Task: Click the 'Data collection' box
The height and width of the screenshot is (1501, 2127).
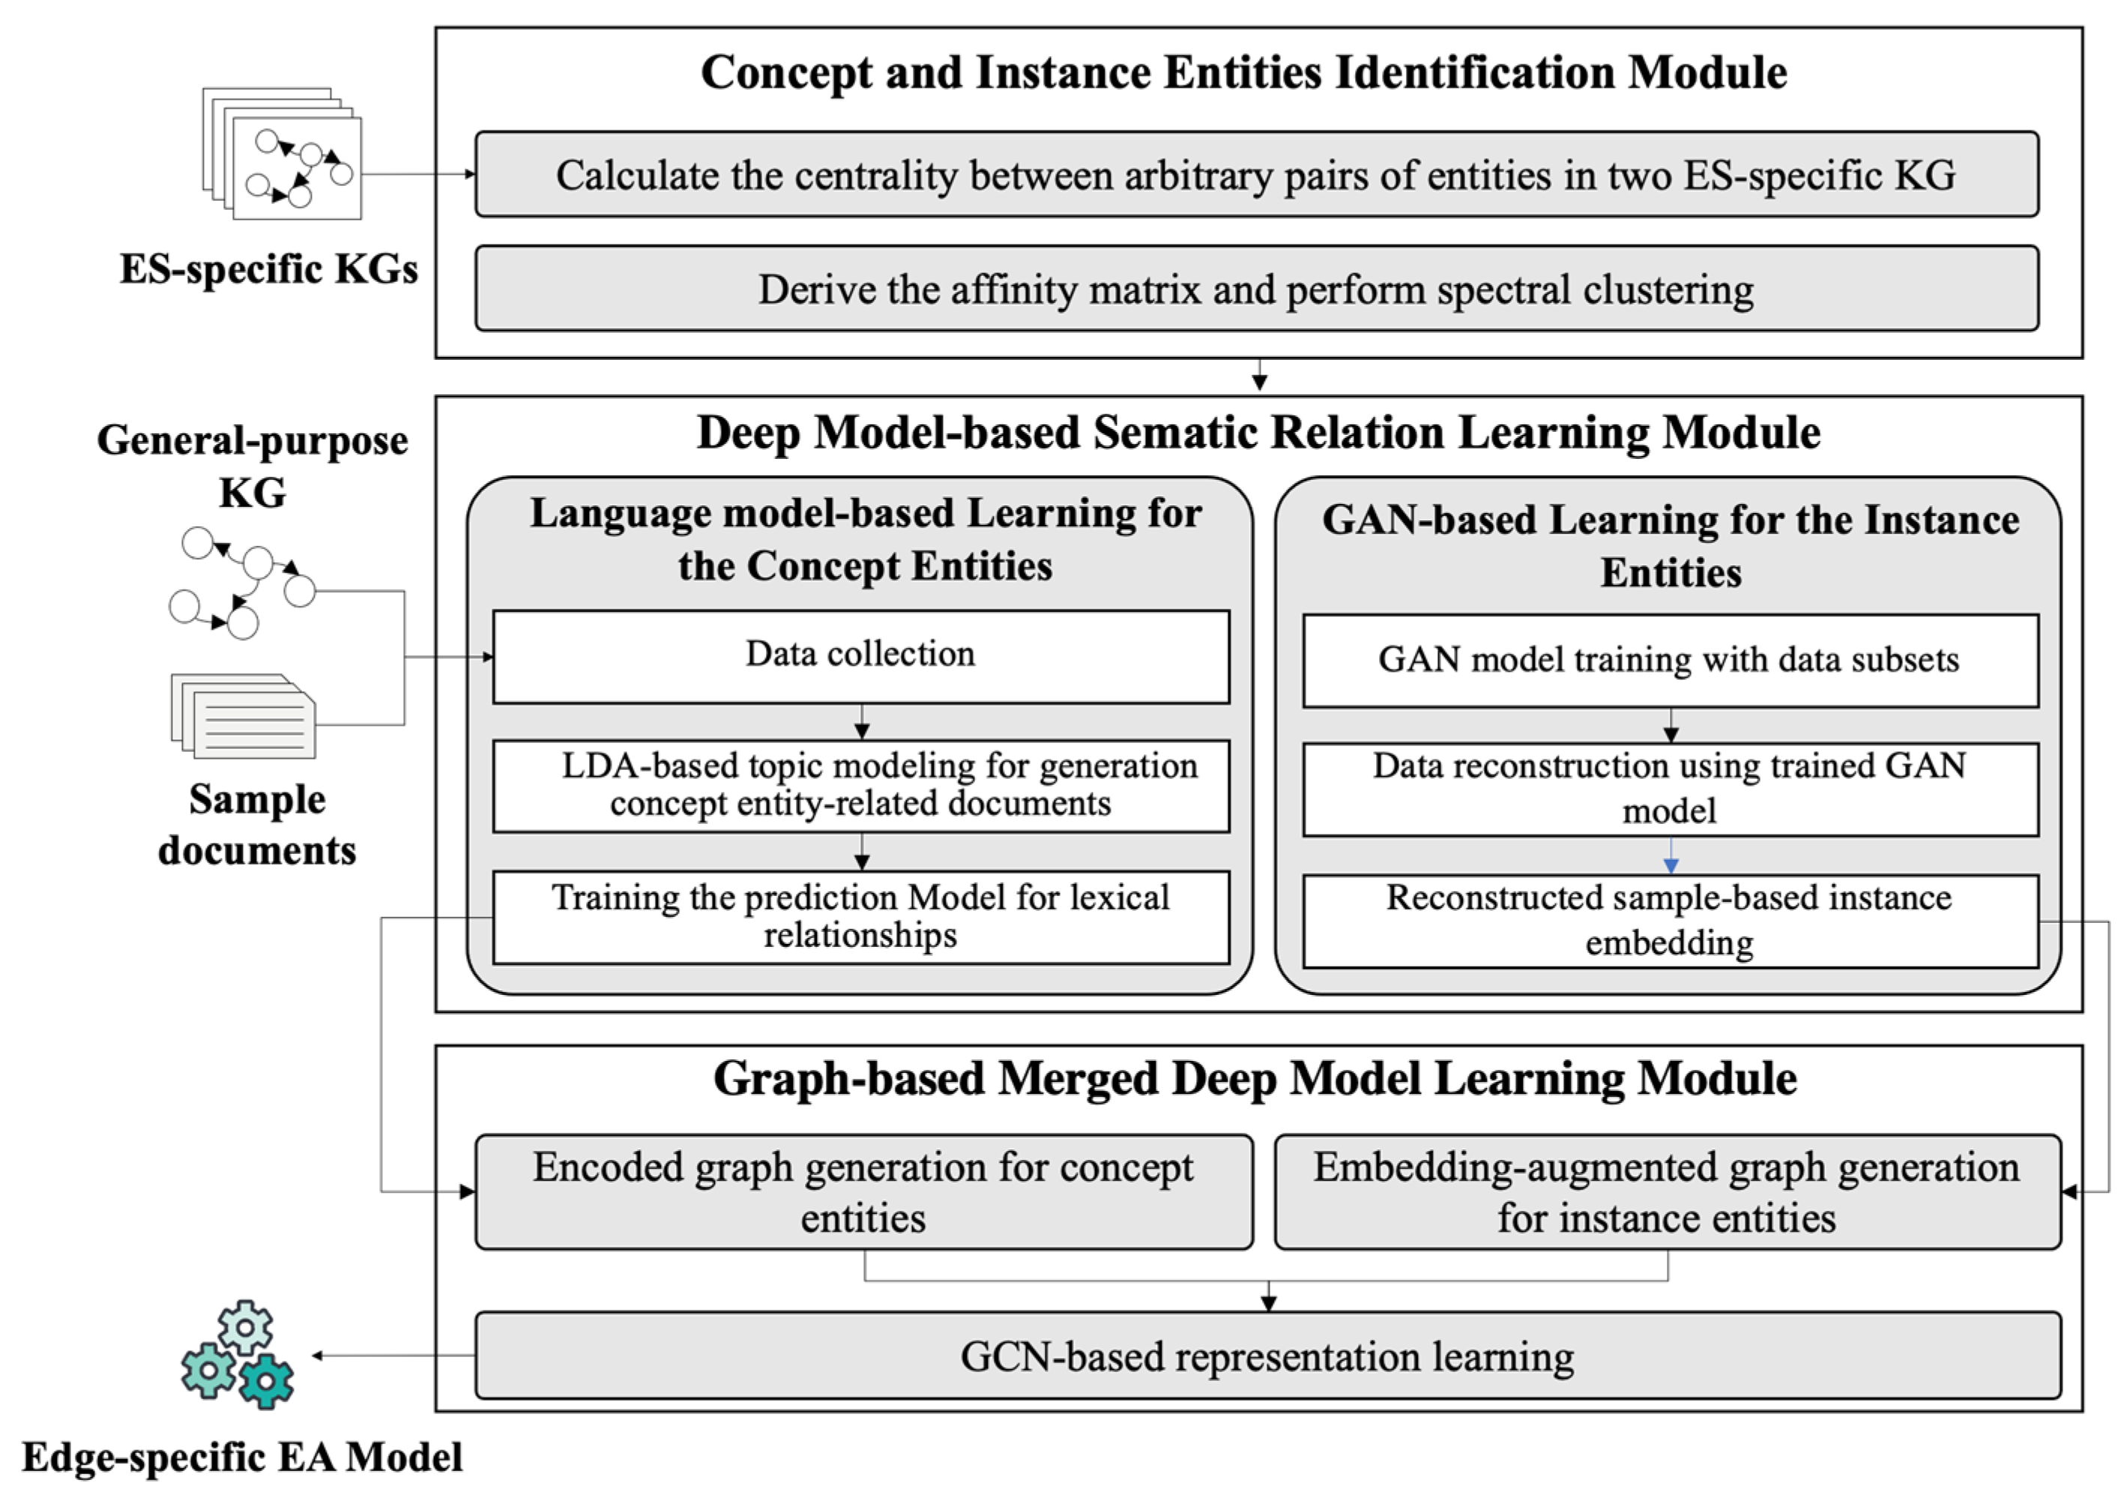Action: pos(860,656)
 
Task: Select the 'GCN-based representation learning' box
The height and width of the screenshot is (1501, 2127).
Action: pos(1267,1356)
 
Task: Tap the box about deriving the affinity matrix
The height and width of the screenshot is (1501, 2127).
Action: pos(1256,288)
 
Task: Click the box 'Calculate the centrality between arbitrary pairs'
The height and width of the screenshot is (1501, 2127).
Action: pos(1256,174)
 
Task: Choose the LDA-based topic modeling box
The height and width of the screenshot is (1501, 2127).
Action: pos(860,785)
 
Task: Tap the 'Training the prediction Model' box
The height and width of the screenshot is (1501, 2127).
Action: pos(860,916)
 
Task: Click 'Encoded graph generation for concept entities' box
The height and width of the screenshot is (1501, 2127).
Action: pos(863,1191)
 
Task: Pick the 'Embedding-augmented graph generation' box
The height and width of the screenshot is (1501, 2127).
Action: pos(1667,1191)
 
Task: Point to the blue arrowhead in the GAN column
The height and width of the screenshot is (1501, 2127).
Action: pos(1671,865)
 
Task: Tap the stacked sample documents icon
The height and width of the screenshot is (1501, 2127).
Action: pos(244,715)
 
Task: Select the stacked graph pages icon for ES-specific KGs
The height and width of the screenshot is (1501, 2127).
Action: pos(283,154)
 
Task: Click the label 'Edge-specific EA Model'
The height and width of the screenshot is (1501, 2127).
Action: pos(242,1457)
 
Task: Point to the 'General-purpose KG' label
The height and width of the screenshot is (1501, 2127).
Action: pos(252,465)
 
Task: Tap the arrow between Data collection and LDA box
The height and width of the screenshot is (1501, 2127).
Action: pos(862,722)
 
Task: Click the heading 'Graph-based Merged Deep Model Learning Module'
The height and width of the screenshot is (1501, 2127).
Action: pos(1255,1078)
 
